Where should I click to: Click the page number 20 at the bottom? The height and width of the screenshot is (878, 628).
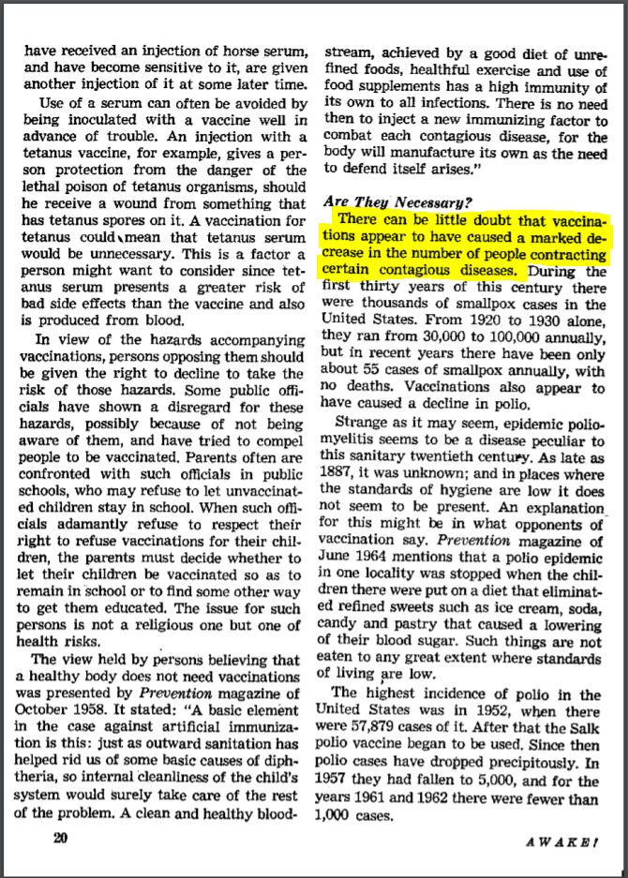tap(60, 840)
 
